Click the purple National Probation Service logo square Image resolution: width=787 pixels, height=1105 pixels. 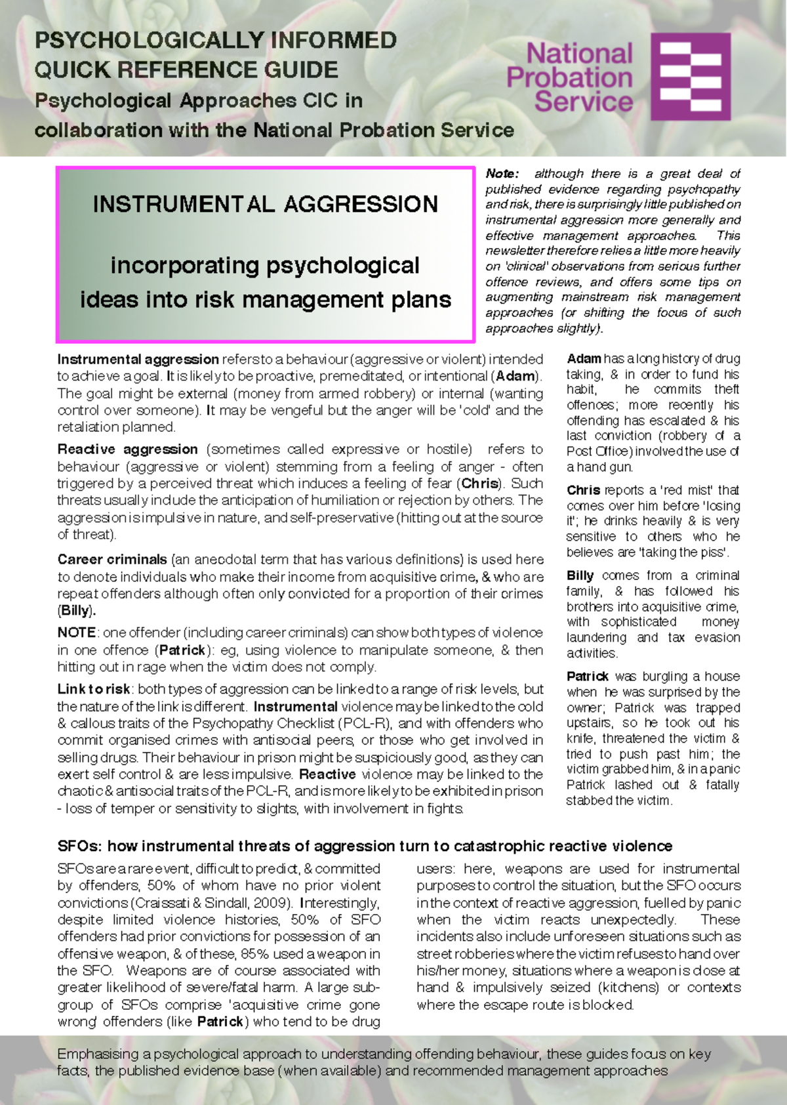[x=691, y=76]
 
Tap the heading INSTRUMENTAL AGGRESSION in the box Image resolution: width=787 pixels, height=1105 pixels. [x=265, y=204]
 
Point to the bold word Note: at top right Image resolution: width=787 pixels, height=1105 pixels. [x=502, y=174]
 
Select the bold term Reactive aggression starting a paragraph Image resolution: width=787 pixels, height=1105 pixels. [x=127, y=449]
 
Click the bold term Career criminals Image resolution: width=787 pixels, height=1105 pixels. [x=112, y=560]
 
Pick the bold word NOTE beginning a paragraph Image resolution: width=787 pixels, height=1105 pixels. [x=77, y=633]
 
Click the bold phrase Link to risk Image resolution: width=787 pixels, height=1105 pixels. [x=94, y=690]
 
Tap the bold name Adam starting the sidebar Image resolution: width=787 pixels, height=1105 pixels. [x=584, y=359]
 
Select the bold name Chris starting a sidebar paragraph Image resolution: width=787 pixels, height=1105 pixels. [x=583, y=490]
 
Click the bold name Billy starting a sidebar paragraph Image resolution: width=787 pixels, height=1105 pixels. [x=580, y=575]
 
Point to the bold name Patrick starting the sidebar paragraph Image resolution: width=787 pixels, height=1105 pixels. [x=588, y=677]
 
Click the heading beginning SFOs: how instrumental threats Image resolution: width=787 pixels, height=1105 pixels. [x=365, y=846]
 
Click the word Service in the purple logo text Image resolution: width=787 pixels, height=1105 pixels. [x=583, y=102]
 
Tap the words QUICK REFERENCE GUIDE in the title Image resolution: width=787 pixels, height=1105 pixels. [x=186, y=70]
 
